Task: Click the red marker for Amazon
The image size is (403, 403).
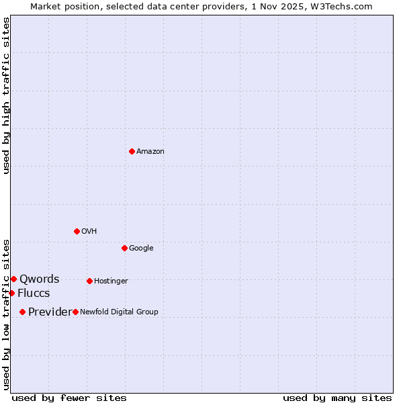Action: pyautogui.click(x=132, y=151)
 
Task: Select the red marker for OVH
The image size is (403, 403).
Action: pyautogui.click(x=77, y=231)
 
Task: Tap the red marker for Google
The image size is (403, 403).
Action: pyautogui.click(x=124, y=248)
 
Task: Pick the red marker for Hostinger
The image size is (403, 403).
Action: pyautogui.click(x=89, y=281)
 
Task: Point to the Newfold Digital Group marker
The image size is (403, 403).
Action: pyautogui.click(x=75, y=312)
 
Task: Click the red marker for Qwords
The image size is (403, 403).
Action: pyautogui.click(x=13, y=279)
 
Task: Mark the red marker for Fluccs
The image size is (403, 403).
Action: pyautogui.click(x=11, y=293)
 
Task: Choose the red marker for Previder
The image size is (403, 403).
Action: pyautogui.click(x=22, y=312)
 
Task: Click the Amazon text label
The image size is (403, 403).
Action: pyautogui.click(x=150, y=152)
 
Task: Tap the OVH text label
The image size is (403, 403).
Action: pyautogui.click(x=89, y=232)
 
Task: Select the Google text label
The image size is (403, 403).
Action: pyautogui.click(x=141, y=249)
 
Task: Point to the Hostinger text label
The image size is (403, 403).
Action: pyautogui.click(x=111, y=281)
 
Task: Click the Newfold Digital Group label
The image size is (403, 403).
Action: pyautogui.click(x=119, y=312)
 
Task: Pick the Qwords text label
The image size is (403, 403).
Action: pyautogui.click(x=39, y=279)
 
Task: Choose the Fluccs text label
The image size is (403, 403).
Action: pyautogui.click(x=34, y=294)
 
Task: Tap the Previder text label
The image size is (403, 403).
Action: pyautogui.click(x=50, y=312)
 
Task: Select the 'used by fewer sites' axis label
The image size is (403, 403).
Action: pyautogui.click(x=69, y=398)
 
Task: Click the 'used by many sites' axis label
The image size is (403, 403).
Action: pyautogui.click(x=337, y=398)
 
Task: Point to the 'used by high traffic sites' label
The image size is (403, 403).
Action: pyautogui.click(x=6, y=95)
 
